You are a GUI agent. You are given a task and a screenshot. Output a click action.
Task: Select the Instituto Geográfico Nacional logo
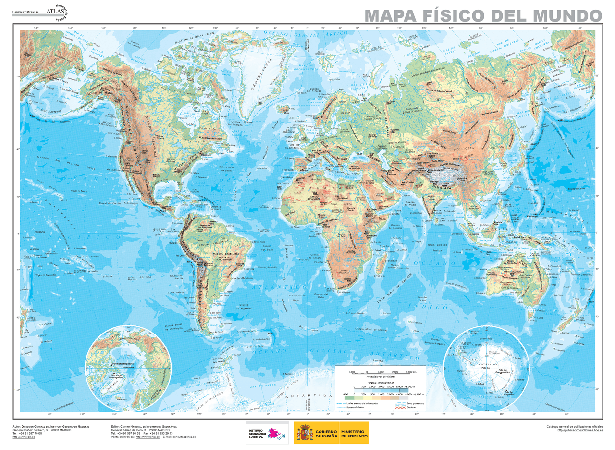pyautogui.click(x=267, y=432)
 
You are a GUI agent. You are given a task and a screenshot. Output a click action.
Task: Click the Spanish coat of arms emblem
pyautogui.click(x=304, y=432)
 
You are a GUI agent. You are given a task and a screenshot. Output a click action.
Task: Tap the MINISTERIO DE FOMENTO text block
pyautogui.click(x=355, y=433)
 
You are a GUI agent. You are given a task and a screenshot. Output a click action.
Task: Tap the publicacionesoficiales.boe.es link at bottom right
pyautogui.click(x=579, y=430)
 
